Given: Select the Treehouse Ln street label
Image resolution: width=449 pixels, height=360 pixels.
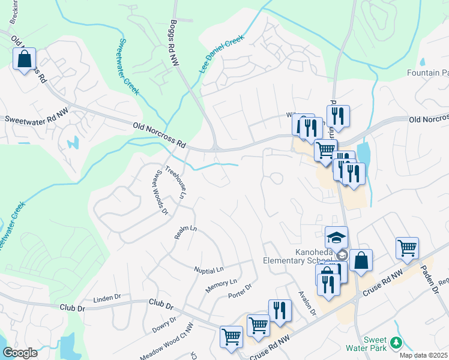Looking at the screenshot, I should [x=176, y=182].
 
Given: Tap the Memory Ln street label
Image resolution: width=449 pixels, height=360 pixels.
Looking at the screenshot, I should [x=221, y=283].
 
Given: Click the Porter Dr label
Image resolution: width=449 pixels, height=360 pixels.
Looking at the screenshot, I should [x=239, y=292].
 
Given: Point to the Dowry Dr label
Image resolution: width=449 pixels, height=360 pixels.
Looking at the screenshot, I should [x=163, y=326].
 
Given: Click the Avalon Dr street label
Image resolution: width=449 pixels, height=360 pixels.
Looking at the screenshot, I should [x=307, y=304].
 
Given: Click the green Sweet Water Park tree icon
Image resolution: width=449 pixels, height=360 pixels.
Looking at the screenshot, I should [x=396, y=343].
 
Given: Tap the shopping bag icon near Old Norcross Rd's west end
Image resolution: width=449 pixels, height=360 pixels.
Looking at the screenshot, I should [x=24, y=59].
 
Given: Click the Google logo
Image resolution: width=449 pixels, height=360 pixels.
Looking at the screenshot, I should [x=20, y=353].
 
